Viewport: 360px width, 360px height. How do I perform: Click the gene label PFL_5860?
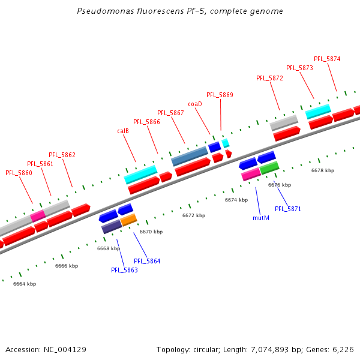(x=19, y=173)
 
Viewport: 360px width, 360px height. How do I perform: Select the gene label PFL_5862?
(x=62, y=155)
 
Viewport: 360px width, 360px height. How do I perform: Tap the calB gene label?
(x=123, y=131)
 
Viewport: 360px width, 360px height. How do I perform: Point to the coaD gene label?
(x=194, y=104)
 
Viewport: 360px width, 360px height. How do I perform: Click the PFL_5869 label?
(x=220, y=95)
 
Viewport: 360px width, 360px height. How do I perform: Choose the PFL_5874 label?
(x=327, y=59)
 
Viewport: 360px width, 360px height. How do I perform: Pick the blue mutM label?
(x=260, y=218)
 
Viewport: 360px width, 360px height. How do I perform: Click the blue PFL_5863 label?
(x=124, y=270)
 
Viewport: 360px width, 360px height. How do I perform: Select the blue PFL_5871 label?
(x=288, y=209)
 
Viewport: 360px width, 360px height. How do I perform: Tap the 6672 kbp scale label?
(x=194, y=215)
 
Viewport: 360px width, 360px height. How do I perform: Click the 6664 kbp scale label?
(x=25, y=284)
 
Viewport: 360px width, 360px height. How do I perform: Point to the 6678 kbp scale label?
(x=323, y=170)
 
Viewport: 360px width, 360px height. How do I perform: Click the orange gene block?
(x=129, y=220)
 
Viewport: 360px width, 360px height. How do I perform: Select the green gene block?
(x=269, y=167)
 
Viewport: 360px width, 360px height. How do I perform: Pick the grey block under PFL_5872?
(x=284, y=122)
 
